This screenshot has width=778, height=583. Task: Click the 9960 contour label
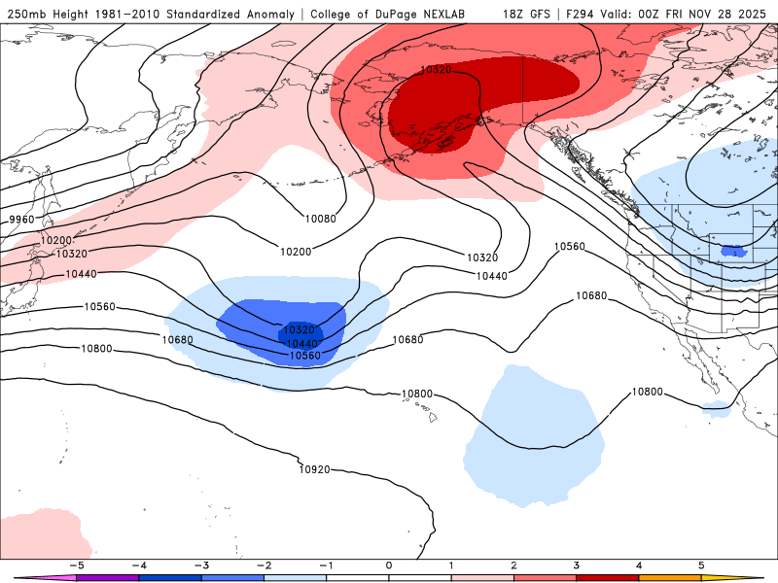(x=20, y=220)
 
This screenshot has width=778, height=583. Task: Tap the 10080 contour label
(x=320, y=219)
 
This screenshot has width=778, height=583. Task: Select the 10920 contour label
(x=314, y=469)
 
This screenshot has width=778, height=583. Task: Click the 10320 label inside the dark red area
(x=435, y=70)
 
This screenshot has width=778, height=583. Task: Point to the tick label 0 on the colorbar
(x=389, y=565)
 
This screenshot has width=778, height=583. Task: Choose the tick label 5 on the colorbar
(x=701, y=565)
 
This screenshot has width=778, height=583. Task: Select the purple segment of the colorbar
(x=107, y=577)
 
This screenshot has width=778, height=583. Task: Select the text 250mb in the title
(x=25, y=15)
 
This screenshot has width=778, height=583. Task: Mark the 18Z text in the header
(x=514, y=15)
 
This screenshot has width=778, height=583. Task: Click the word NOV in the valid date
(x=695, y=15)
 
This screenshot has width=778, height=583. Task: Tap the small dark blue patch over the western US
(x=732, y=252)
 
